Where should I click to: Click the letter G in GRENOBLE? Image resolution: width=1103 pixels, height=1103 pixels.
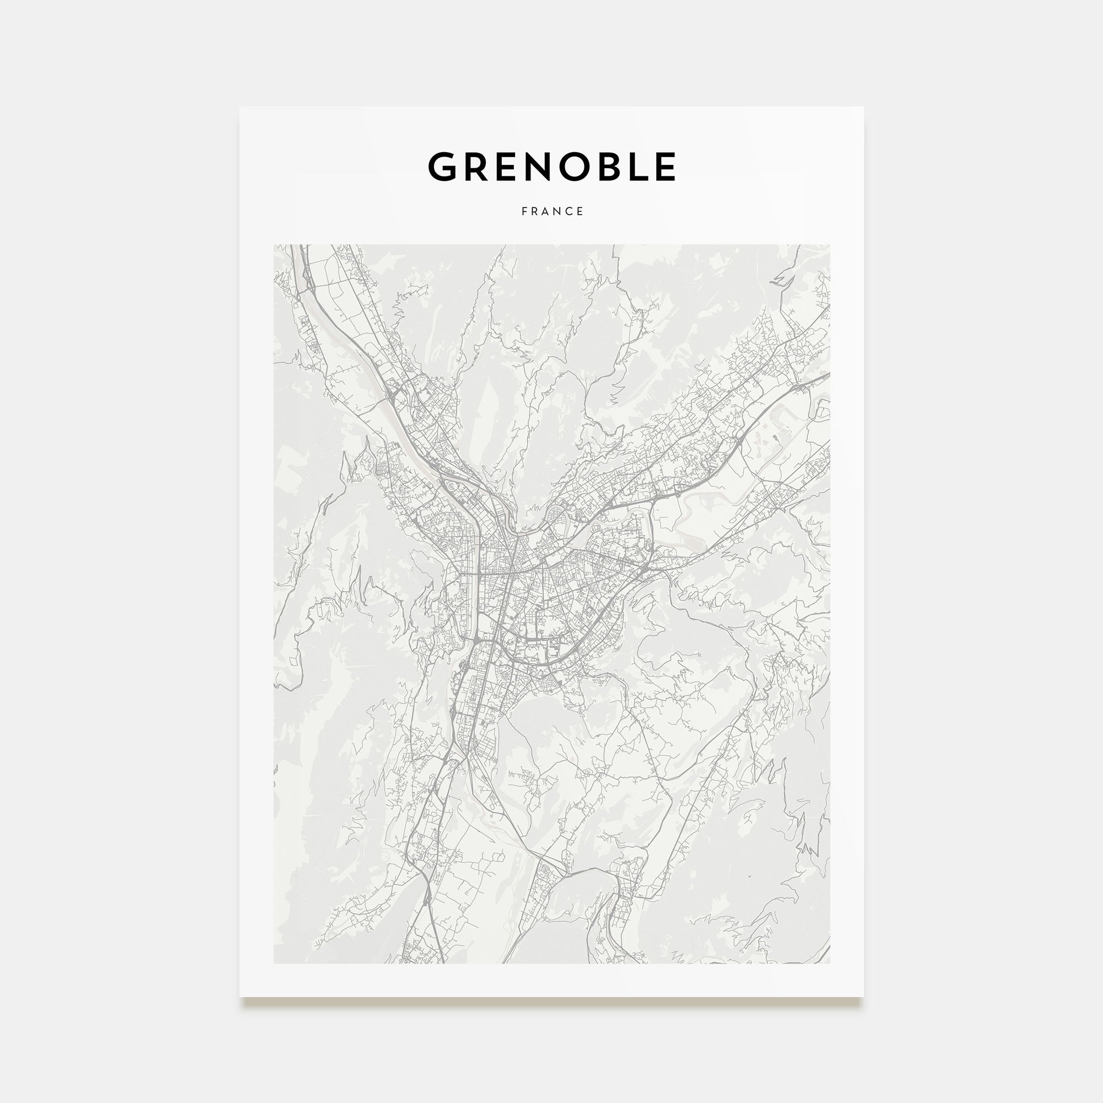[x=445, y=167]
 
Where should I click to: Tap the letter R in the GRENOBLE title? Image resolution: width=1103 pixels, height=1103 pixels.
[x=478, y=167]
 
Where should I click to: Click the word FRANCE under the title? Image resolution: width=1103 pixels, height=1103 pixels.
[x=552, y=211]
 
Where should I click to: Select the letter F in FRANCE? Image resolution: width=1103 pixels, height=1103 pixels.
[x=524, y=211]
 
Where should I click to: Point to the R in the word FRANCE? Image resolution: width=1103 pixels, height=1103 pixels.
[x=535, y=211]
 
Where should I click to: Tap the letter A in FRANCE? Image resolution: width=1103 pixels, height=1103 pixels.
[x=546, y=211]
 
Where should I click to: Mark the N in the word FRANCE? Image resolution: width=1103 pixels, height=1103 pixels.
[x=558, y=211]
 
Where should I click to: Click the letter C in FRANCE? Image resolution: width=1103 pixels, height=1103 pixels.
[x=570, y=211]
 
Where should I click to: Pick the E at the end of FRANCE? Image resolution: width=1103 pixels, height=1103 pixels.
[x=581, y=211]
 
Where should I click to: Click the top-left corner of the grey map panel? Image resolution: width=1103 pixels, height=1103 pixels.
[x=274, y=245]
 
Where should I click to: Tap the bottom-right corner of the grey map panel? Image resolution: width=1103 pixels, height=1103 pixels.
[x=830, y=963]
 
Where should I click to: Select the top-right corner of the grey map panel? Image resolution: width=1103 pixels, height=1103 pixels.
[x=830, y=245]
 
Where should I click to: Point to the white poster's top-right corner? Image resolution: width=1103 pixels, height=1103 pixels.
[x=863, y=108]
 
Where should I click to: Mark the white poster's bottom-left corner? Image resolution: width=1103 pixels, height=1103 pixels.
[x=240, y=997]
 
